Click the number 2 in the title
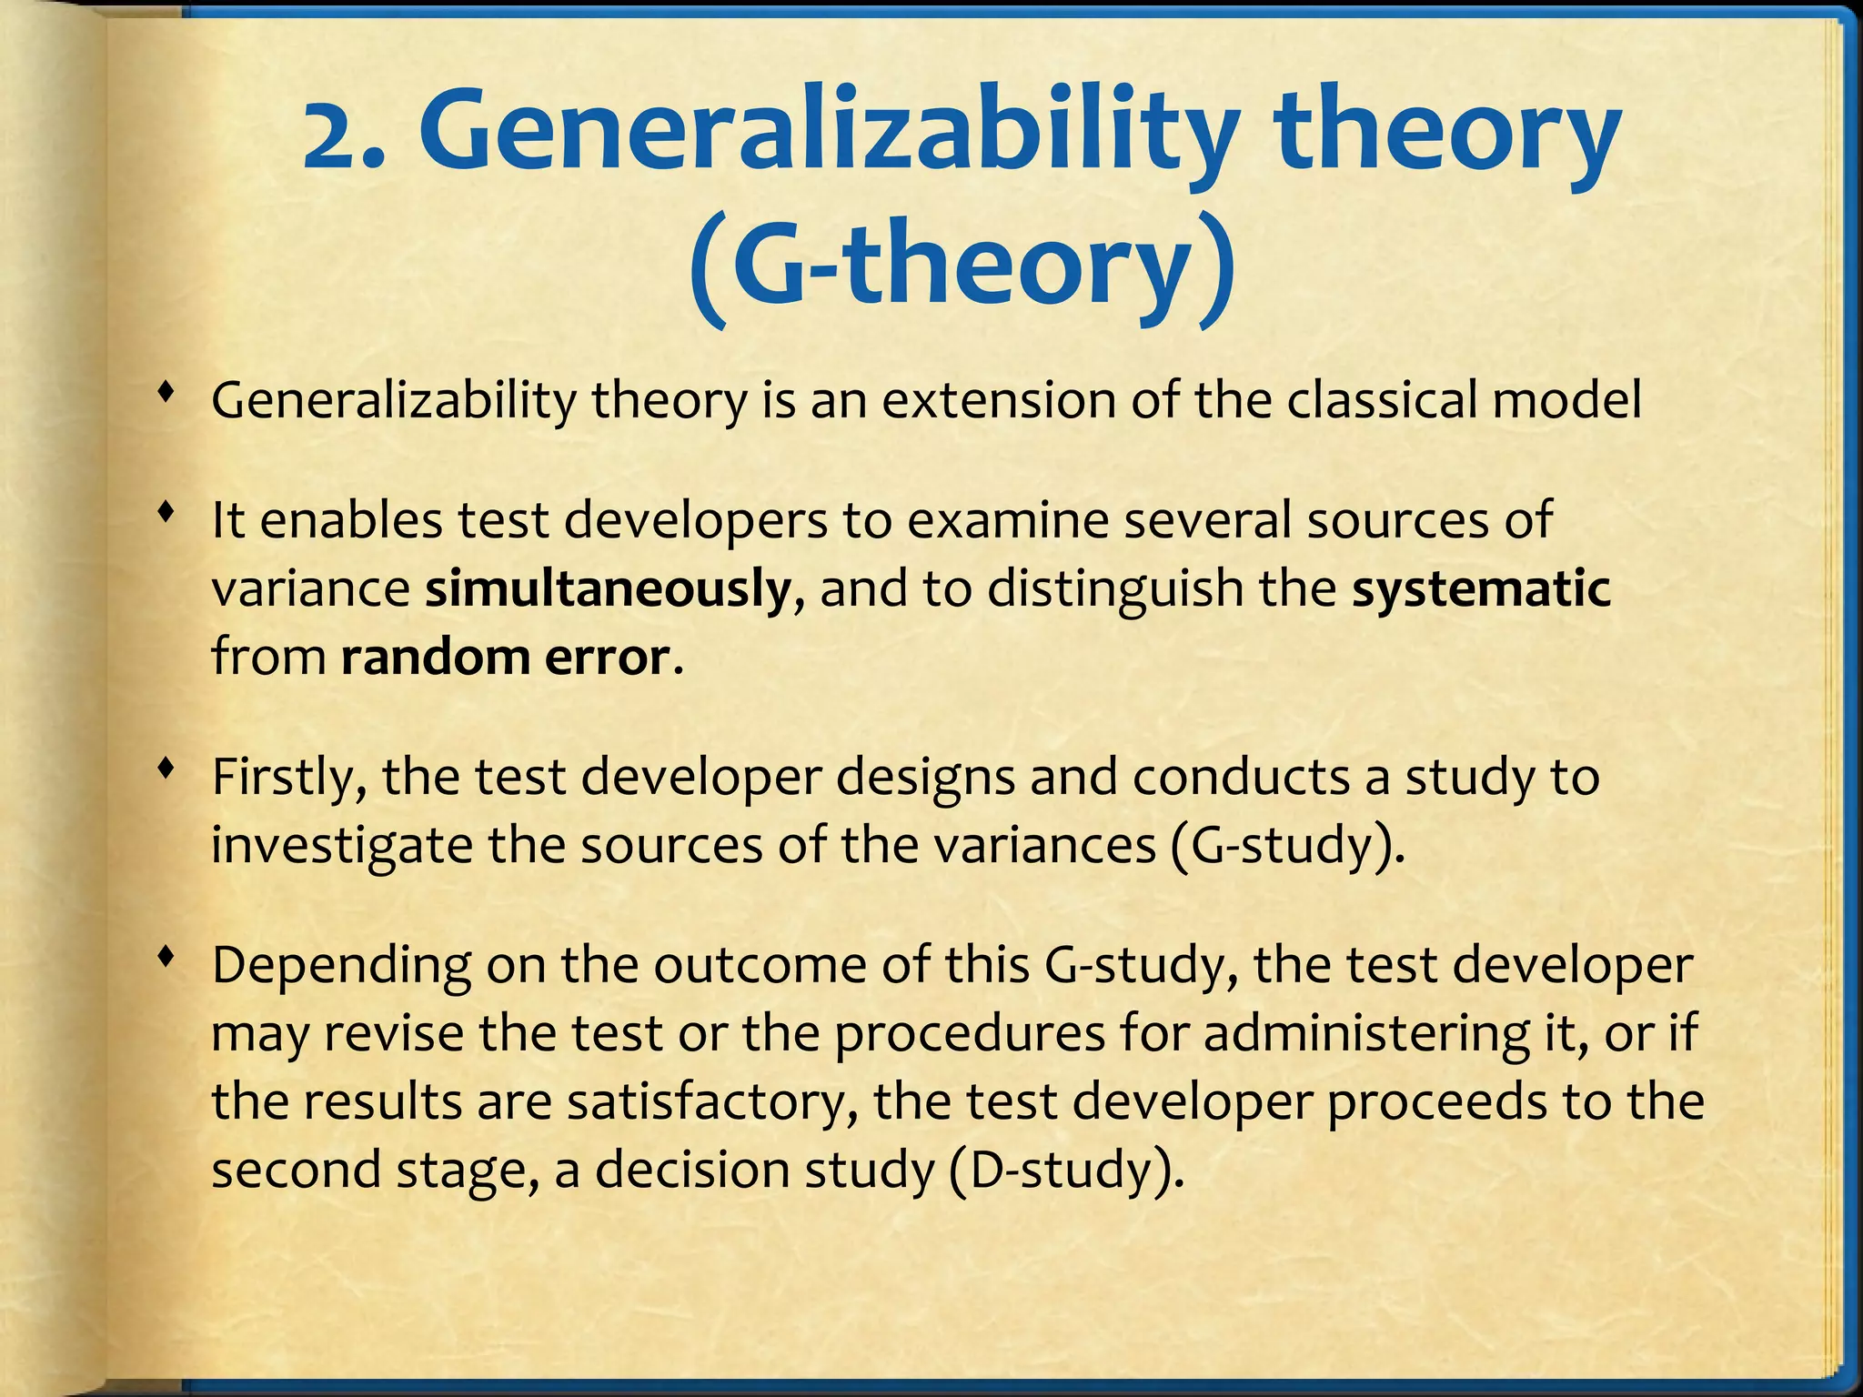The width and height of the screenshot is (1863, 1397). [x=333, y=138]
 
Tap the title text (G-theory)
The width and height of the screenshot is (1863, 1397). [x=962, y=264]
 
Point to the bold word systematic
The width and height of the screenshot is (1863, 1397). [x=1481, y=588]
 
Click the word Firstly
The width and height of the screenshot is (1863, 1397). [x=287, y=778]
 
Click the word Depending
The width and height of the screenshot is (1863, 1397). [x=340, y=967]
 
